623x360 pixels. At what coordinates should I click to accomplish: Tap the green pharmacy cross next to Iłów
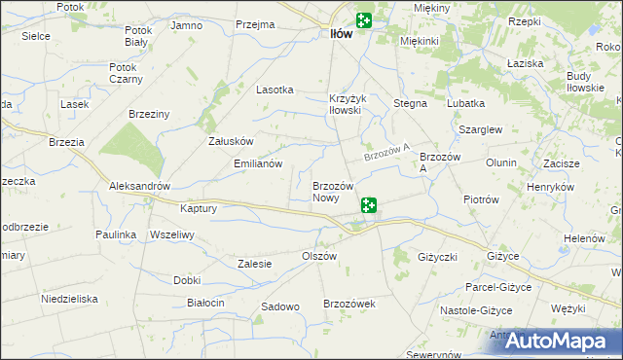click(364, 20)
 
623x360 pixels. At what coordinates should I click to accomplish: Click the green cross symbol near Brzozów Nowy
click(369, 205)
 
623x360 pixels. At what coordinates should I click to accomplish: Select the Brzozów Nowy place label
click(326, 192)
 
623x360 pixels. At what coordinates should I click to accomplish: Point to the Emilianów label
click(258, 164)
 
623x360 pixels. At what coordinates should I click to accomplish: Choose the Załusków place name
click(231, 140)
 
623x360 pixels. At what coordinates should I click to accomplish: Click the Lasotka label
click(275, 90)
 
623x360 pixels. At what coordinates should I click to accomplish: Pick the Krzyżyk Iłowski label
click(346, 104)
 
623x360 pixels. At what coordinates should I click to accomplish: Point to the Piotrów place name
click(481, 199)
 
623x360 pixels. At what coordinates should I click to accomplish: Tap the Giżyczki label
click(437, 257)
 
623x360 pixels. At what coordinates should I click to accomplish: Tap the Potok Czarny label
click(127, 73)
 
